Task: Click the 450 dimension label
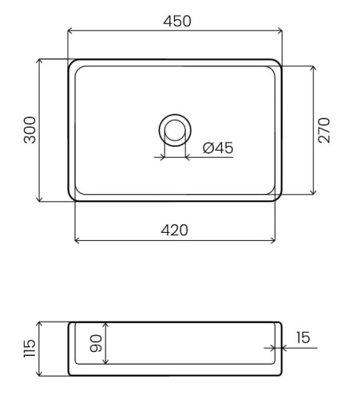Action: (x=177, y=22)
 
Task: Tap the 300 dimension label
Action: (x=30, y=130)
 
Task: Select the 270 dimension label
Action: (x=324, y=130)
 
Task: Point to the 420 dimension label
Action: (x=175, y=231)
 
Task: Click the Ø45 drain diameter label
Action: (x=218, y=148)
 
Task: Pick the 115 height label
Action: (x=30, y=348)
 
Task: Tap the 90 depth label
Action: (x=96, y=343)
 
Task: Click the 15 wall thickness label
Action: (x=303, y=338)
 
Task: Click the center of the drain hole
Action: (x=175, y=130)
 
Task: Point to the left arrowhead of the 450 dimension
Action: (x=69, y=30)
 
